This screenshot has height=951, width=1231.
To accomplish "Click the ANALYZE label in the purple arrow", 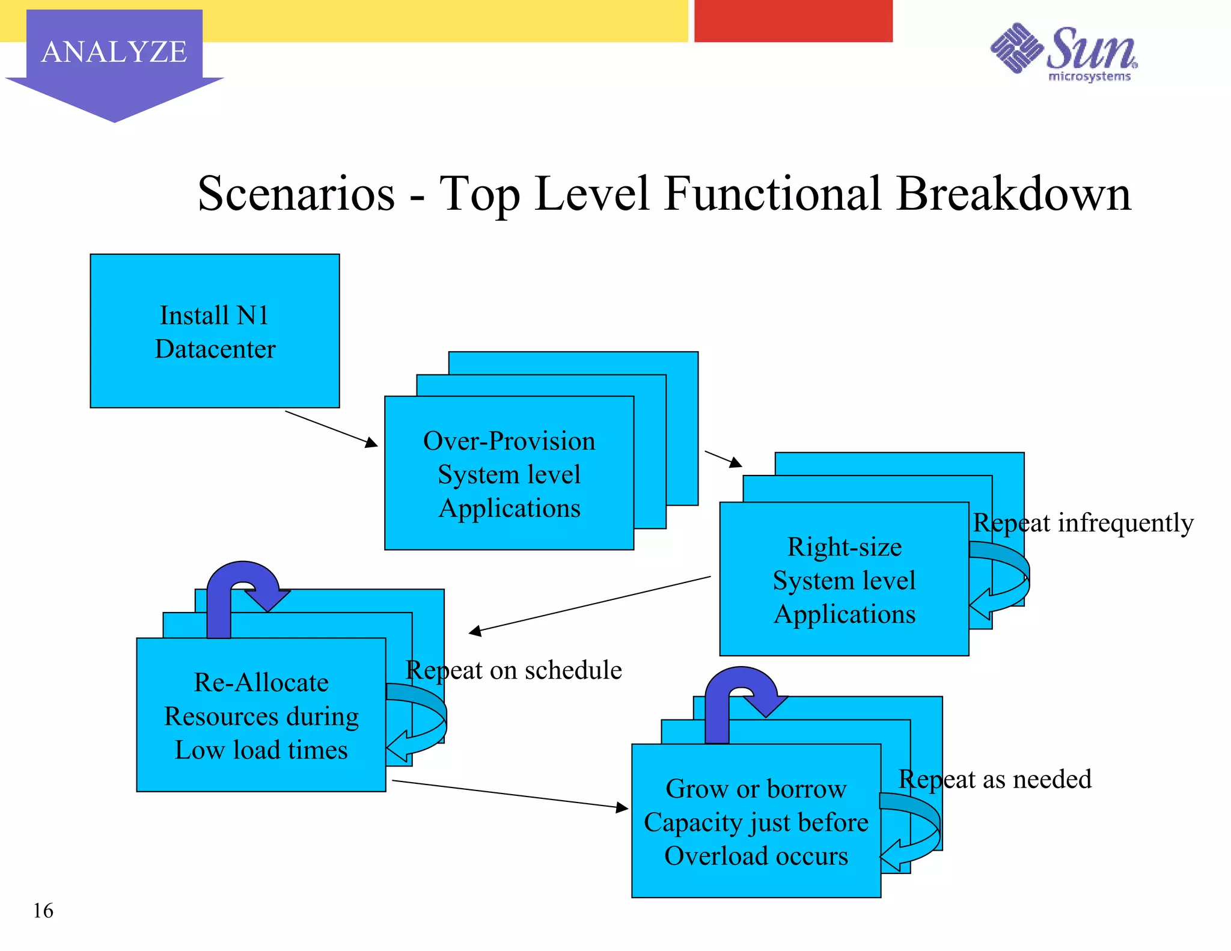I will tap(114, 52).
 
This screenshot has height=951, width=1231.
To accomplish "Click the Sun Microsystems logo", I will tap(1064, 53).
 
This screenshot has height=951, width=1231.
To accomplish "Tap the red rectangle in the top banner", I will tap(793, 21).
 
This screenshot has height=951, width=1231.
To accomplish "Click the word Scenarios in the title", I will tap(296, 194).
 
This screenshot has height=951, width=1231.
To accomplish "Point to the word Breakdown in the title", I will tap(1013, 194).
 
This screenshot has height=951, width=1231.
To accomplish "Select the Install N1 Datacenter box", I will tap(215, 331).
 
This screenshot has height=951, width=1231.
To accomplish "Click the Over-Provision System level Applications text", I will tap(509, 474).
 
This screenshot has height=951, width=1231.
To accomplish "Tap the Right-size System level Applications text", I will tap(844, 580).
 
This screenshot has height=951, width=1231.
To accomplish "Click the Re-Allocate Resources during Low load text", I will tap(261, 715).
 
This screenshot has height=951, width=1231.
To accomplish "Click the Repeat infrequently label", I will tap(1083, 522).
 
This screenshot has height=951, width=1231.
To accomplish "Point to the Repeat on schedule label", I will tap(514, 670).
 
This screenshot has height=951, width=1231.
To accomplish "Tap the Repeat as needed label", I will tap(995, 779).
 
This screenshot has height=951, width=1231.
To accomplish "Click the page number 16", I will tap(43, 910).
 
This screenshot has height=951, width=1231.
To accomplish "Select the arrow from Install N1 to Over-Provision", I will tap(331, 429).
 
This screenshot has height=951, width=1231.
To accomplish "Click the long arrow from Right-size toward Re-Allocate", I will tap(589, 604).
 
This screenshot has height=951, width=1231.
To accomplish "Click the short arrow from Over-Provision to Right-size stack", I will tap(723, 459).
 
